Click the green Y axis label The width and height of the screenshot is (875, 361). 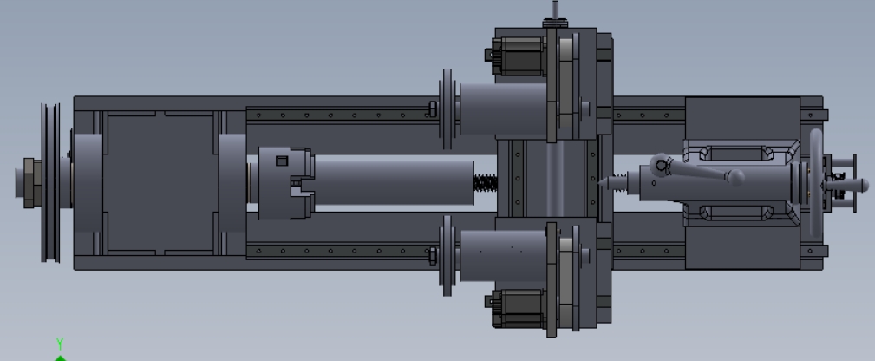coord(60,344)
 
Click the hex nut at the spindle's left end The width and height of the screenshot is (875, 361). coord(29,183)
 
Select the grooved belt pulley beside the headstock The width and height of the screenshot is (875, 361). coord(51,182)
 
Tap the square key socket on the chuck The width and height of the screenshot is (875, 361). coord(282,161)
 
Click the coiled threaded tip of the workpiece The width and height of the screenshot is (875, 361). coord(486,183)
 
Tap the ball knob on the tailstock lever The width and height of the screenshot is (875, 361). coord(736,177)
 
